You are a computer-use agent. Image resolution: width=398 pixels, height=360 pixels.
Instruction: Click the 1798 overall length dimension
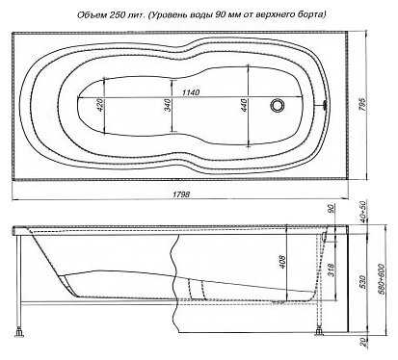(x=181, y=194)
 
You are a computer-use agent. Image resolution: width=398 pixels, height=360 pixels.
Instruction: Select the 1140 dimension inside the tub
(x=191, y=92)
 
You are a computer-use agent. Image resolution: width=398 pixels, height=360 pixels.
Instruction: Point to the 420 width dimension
(x=100, y=105)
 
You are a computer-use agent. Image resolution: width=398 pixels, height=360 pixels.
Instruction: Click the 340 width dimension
(x=169, y=105)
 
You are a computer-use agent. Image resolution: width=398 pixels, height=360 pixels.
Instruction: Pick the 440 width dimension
(x=244, y=105)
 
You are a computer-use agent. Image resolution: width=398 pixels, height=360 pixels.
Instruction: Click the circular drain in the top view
(x=277, y=105)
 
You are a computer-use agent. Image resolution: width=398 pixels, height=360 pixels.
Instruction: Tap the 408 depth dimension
(x=281, y=262)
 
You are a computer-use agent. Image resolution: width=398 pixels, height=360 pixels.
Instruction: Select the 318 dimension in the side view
(x=331, y=270)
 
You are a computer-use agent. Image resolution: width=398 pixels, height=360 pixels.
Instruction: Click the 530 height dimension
(x=362, y=282)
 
